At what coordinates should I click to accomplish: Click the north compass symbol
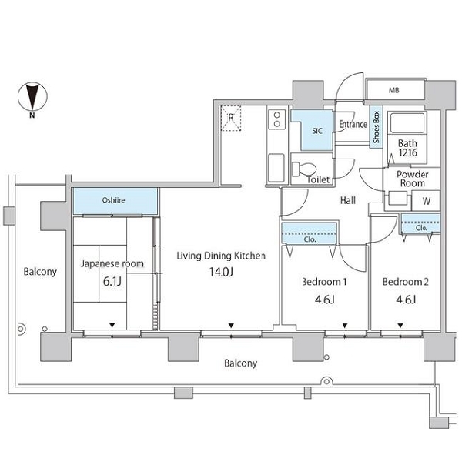[x=32, y=97]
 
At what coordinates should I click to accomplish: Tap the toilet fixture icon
[x=304, y=169]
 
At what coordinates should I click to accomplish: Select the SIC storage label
[x=317, y=131]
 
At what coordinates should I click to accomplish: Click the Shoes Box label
[x=376, y=127]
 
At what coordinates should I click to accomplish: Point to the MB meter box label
[x=394, y=90]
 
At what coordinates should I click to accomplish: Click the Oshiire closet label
[x=113, y=200]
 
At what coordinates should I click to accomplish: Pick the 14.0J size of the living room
[x=221, y=272]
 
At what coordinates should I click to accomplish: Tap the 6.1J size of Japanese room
[x=112, y=282]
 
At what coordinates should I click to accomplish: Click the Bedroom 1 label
[x=324, y=282]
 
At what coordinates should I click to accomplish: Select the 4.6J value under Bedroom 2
[x=406, y=300]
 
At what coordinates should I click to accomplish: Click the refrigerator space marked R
[x=231, y=118]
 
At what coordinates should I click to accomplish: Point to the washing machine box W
[x=426, y=201]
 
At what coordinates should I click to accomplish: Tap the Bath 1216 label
[x=408, y=148]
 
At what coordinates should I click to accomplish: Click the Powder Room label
[x=413, y=179]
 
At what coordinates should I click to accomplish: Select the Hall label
[x=348, y=200]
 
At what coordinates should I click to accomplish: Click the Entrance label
[x=353, y=124]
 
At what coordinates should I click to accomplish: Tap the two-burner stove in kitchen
[x=277, y=119]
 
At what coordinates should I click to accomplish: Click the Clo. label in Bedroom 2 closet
[x=421, y=228]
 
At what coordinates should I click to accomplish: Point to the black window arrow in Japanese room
[x=112, y=325]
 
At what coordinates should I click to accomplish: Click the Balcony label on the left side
[x=40, y=271]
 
